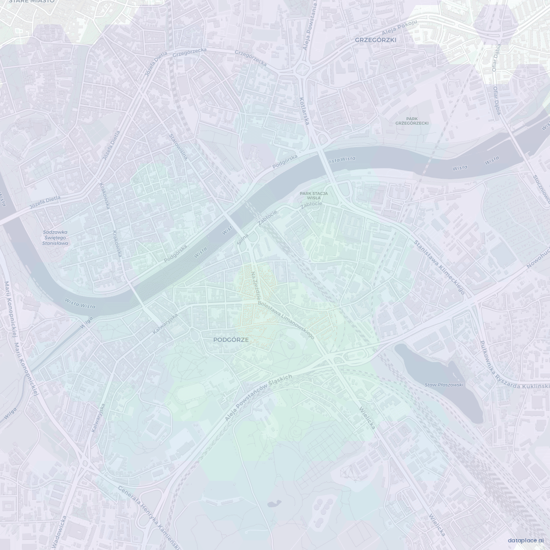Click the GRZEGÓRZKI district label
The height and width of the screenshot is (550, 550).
tap(376, 39)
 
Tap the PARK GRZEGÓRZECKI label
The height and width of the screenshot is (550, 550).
tap(412, 121)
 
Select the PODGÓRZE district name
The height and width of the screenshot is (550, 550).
tap(231, 339)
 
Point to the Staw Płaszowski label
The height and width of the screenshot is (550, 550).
tap(444, 385)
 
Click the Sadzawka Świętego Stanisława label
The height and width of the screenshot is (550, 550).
tap(56, 238)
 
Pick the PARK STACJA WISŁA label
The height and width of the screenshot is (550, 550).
tap(314, 196)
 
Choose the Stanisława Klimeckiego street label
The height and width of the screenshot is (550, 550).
tap(439, 268)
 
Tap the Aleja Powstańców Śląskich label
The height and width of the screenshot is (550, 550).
tap(258, 397)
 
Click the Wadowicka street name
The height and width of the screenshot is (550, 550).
tap(59, 532)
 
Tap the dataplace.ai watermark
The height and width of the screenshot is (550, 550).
tap(526, 540)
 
